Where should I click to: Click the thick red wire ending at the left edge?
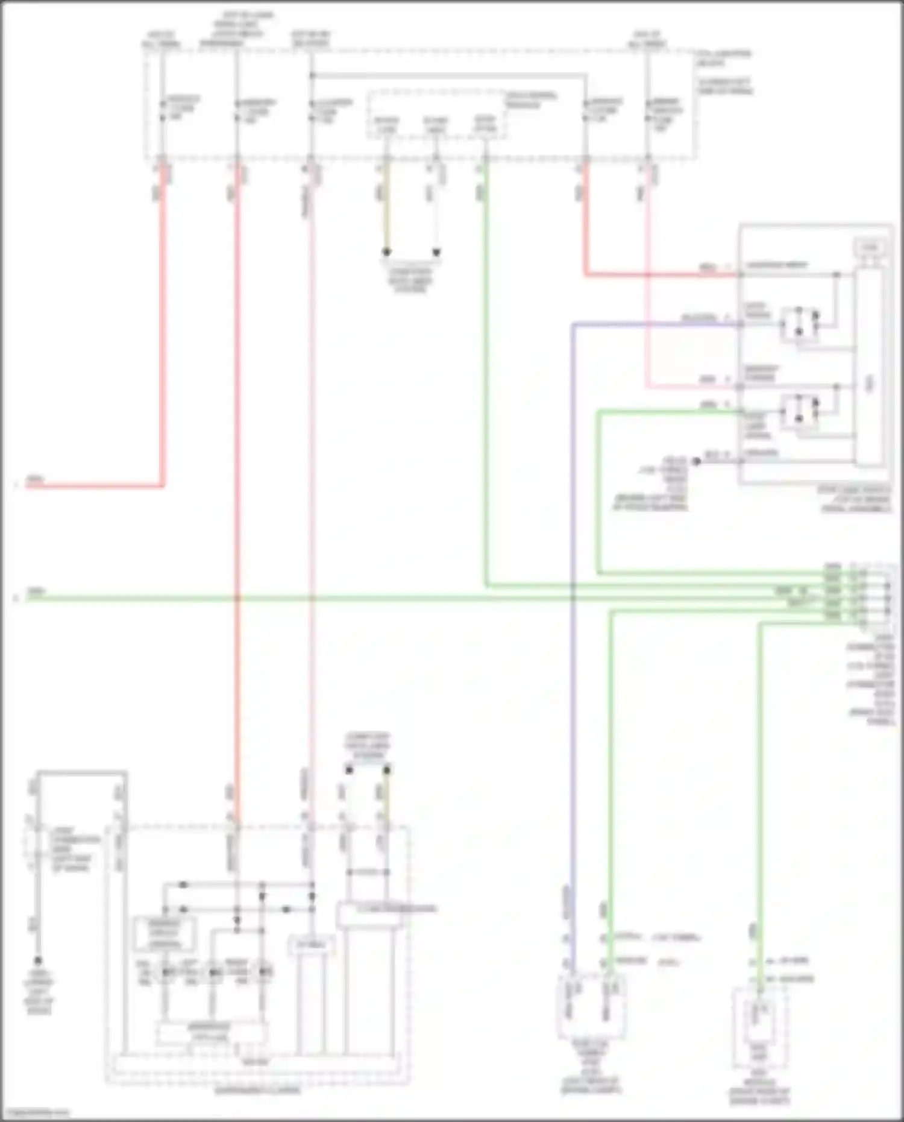click(90, 486)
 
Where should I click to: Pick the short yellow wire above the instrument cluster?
click(386, 796)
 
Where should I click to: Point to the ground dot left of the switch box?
click(696, 461)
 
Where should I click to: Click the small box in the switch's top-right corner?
click(869, 248)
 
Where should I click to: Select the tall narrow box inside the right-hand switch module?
click(868, 368)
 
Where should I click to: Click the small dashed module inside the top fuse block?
click(436, 115)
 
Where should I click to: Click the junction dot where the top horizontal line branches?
click(311, 75)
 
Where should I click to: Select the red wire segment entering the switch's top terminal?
click(663, 275)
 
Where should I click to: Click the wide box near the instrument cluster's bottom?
click(211, 1033)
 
